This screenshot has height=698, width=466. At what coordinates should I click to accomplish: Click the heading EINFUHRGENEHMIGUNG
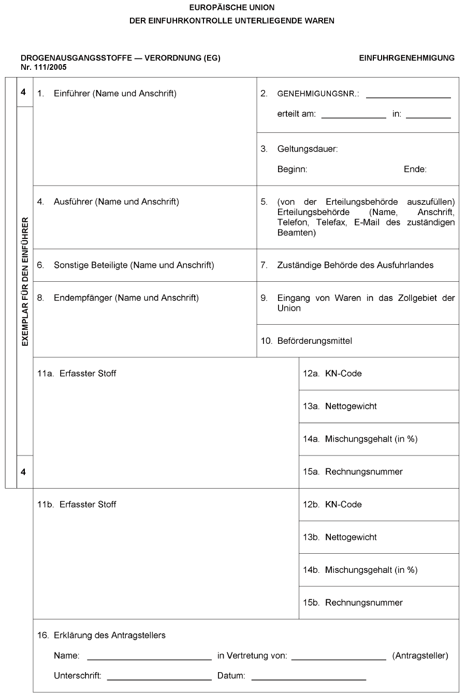pyautogui.click(x=406, y=58)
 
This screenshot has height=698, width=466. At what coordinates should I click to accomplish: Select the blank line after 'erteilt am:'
pyautogui.click(x=354, y=117)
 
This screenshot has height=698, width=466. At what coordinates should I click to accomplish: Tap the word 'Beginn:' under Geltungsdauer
pyautogui.click(x=292, y=169)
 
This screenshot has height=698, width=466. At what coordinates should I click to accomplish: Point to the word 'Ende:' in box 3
pyautogui.click(x=415, y=169)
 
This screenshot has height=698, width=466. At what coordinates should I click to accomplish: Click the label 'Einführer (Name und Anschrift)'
pyautogui.click(x=115, y=94)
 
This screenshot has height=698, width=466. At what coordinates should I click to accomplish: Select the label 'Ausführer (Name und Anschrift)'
pyautogui.click(x=116, y=202)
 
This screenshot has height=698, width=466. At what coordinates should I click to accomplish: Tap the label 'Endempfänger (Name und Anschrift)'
pyautogui.click(x=126, y=298)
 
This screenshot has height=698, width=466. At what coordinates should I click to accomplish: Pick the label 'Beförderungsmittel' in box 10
pyautogui.click(x=314, y=341)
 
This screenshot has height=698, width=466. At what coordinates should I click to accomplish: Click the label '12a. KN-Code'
pyautogui.click(x=332, y=373)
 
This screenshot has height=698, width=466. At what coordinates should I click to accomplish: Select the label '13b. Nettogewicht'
pyautogui.click(x=340, y=537)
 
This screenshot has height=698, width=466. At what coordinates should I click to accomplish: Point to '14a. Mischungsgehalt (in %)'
pyautogui.click(x=360, y=439)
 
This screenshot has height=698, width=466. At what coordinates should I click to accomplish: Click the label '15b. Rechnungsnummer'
pyautogui.click(x=353, y=602)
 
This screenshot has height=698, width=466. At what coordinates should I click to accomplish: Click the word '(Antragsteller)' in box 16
pyautogui.click(x=420, y=656)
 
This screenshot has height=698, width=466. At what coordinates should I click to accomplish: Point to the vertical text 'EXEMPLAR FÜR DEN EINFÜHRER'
pyautogui.click(x=25, y=282)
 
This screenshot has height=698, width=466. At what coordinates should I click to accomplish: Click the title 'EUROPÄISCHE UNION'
pyautogui.click(x=232, y=8)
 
